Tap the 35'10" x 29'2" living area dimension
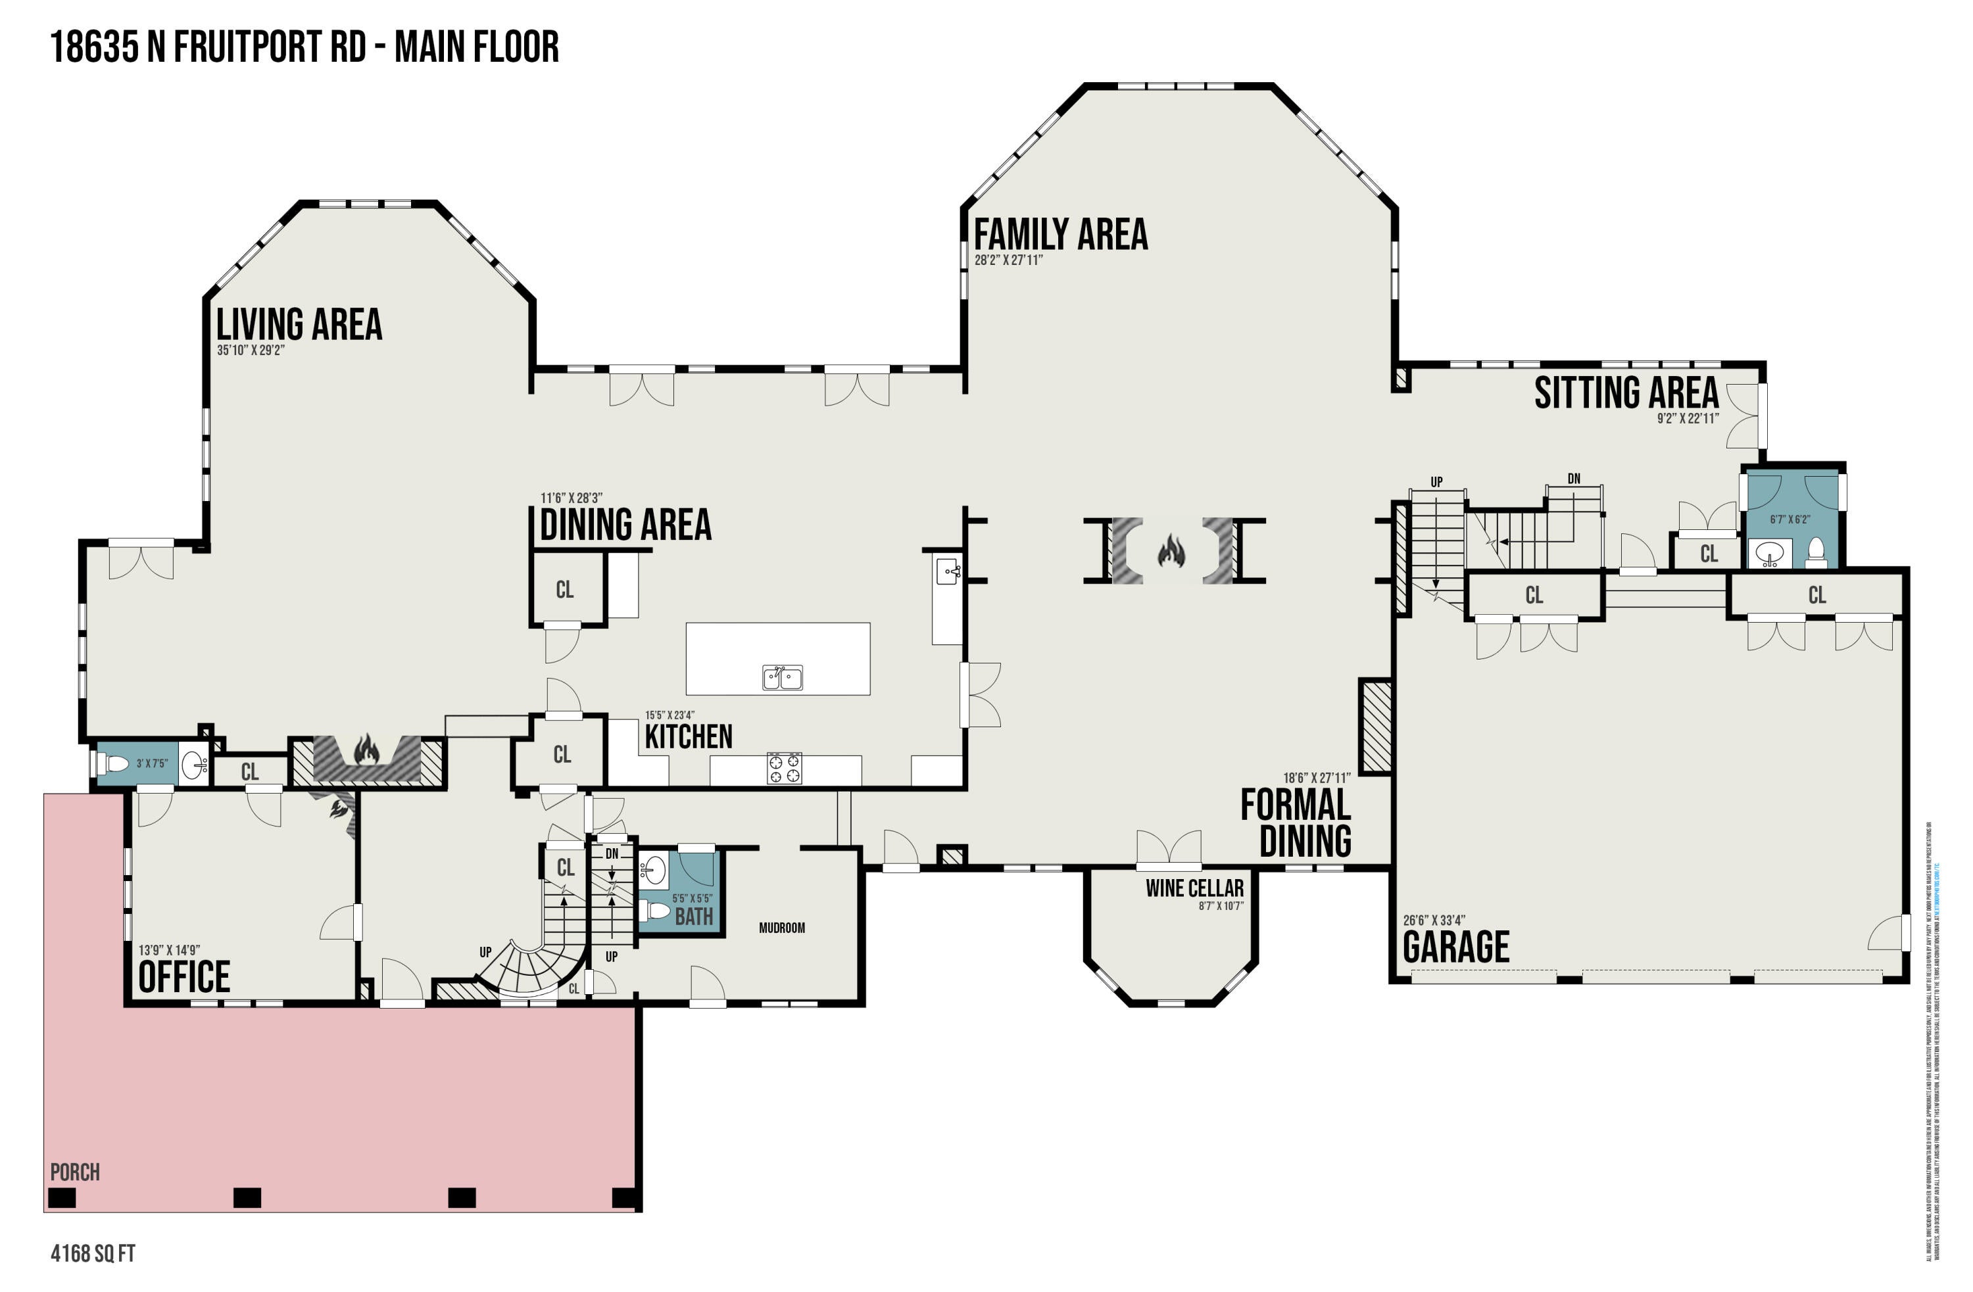[251, 350]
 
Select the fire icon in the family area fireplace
[1171, 550]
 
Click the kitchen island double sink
[782, 677]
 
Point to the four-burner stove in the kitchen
[783, 768]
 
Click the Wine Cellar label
[1194, 888]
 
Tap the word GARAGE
[1455, 946]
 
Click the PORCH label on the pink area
[74, 1172]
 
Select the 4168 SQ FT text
[93, 1253]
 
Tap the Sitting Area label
[1626, 393]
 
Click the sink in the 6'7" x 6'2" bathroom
[1767, 554]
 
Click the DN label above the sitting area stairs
[1573, 479]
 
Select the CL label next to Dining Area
[564, 590]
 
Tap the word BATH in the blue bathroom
[693, 917]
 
